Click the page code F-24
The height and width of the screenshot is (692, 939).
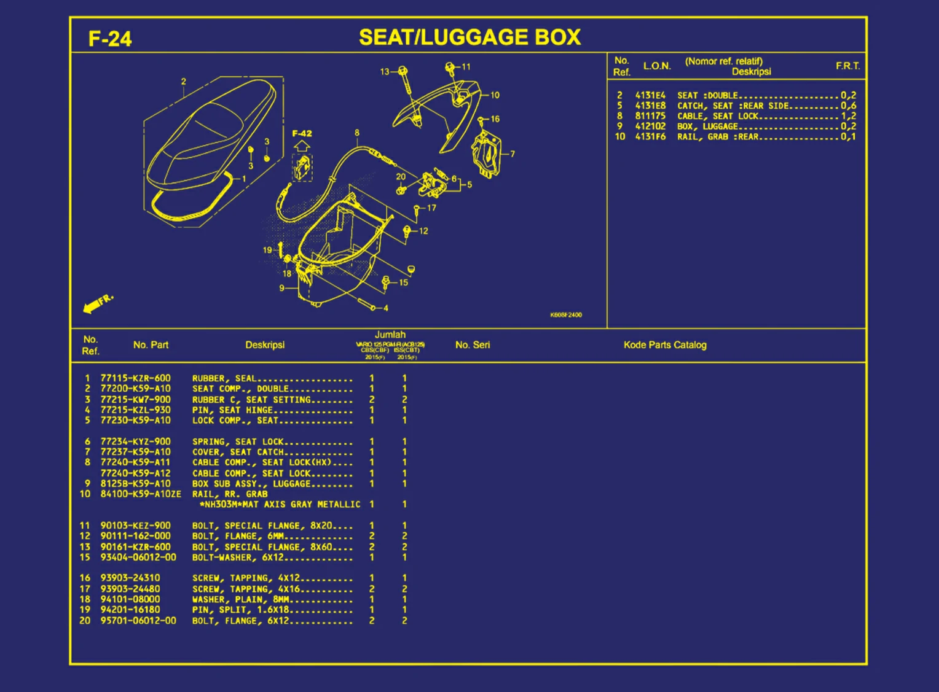pos(110,39)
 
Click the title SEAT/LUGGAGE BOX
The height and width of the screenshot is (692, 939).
pos(469,37)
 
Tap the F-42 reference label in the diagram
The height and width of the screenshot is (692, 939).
pos(302,133)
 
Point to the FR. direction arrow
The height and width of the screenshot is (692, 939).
pos(98,303)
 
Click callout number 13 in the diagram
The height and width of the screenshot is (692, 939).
pos(384,72)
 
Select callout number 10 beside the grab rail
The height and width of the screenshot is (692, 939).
pos(495,95)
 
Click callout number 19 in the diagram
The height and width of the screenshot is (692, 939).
pos(267,250)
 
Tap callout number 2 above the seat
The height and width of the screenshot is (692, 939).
pos(183,82)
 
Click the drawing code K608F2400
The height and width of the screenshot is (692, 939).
pos(565,315)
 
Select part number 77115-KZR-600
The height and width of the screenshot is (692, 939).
pos(135,378)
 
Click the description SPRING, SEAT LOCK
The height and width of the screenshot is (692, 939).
pos(238,441)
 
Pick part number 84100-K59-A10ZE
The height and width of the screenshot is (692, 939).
pos(141,494)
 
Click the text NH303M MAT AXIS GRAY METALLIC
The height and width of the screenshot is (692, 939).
pos(280,504)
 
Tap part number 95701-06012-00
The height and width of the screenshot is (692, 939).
pos(138,620)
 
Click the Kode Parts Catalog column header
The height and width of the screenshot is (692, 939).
pos(665,345)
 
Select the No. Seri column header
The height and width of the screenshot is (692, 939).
pos(473,345)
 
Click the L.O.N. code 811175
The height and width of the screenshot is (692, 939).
pos(650,116)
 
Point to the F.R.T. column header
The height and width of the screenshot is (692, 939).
pos(847,66)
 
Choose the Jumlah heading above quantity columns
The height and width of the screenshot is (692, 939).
pos(390,335)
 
